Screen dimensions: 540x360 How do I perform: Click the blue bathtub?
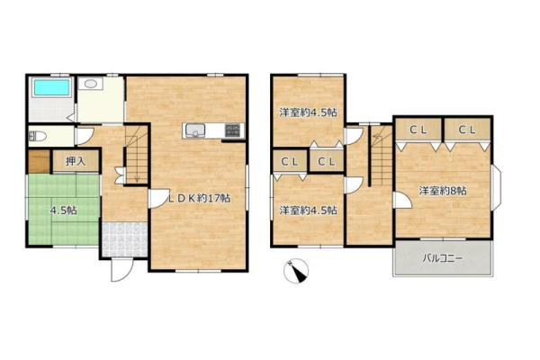[51, 87]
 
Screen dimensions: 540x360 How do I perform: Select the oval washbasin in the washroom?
[91, 84]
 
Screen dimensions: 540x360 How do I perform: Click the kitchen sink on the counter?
[195, 130]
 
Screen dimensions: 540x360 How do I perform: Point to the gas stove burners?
[234, 130]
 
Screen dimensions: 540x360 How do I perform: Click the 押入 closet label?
[76, 161]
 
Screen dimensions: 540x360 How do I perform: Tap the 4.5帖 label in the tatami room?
[64, 210]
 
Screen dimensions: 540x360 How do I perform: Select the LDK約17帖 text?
[200, 198]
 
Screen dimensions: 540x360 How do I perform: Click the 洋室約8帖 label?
[443, 191]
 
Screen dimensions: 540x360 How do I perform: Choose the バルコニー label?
[443, 258]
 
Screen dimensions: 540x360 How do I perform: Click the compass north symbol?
[296, 271]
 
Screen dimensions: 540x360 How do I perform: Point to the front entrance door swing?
[121, 270]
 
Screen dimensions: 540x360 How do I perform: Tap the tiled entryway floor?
[125, 239]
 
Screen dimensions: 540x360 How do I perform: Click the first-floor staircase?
[137, 154]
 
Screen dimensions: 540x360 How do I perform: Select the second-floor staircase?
[381, 156]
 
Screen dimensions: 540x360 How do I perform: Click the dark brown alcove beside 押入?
[39, 161]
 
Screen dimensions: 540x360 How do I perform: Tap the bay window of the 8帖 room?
[496, 188]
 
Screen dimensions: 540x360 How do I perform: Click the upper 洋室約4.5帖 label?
[308, 112]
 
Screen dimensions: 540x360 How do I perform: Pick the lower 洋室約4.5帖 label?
[308, 210]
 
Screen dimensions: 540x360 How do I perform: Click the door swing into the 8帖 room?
[402, 201]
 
